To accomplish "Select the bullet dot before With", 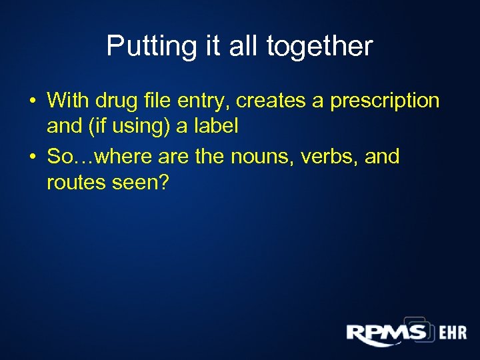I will [x=32, y=101].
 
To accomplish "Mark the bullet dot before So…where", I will [x=32, y=158].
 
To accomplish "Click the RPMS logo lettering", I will [x=386, y=331].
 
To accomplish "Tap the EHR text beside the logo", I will [x=453, y=333].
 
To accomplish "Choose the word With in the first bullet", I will [x=69, y=101].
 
